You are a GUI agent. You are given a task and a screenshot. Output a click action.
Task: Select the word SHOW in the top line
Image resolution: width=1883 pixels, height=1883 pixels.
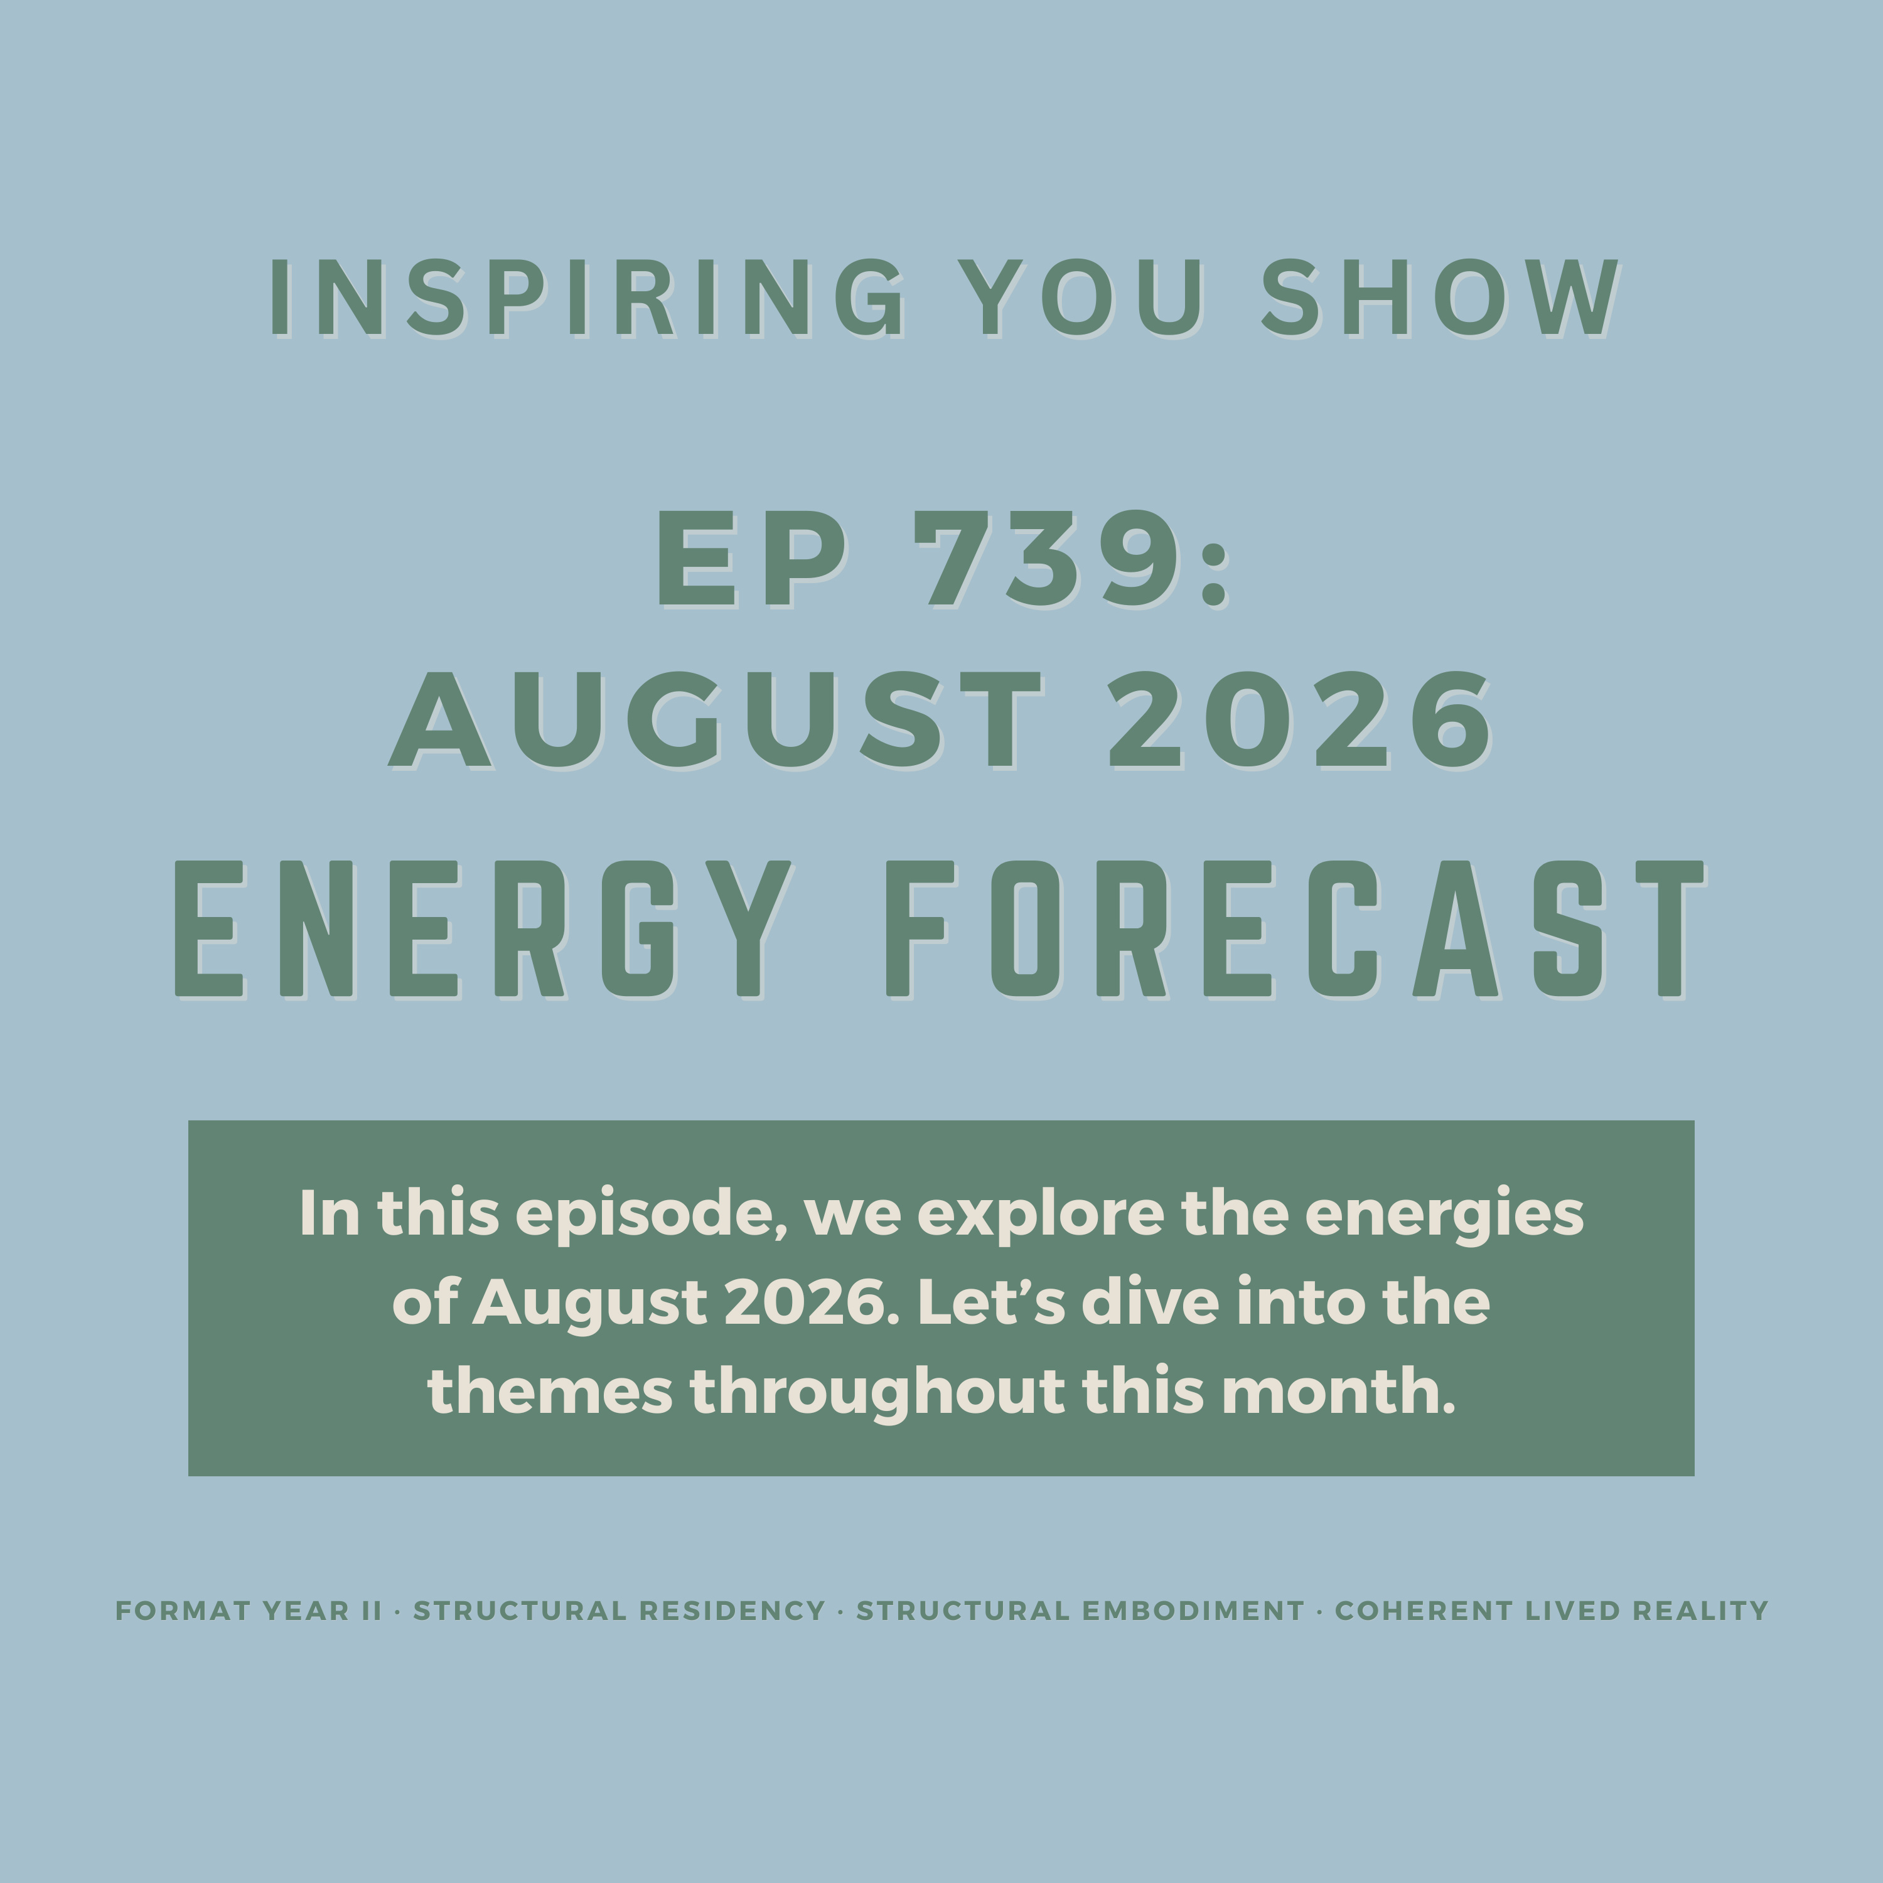[x=1440, y=298]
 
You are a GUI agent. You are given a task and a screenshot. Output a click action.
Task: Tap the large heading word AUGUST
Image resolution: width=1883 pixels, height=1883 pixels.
[x=716, y=721]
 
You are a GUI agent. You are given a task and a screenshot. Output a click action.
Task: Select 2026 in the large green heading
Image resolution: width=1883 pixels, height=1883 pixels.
[x=1299, y=721]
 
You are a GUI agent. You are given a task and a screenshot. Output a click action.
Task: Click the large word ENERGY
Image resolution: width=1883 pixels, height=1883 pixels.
[x=483, y=929]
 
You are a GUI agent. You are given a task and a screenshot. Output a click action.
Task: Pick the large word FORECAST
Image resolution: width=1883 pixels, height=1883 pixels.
[x=1296, y=929]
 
